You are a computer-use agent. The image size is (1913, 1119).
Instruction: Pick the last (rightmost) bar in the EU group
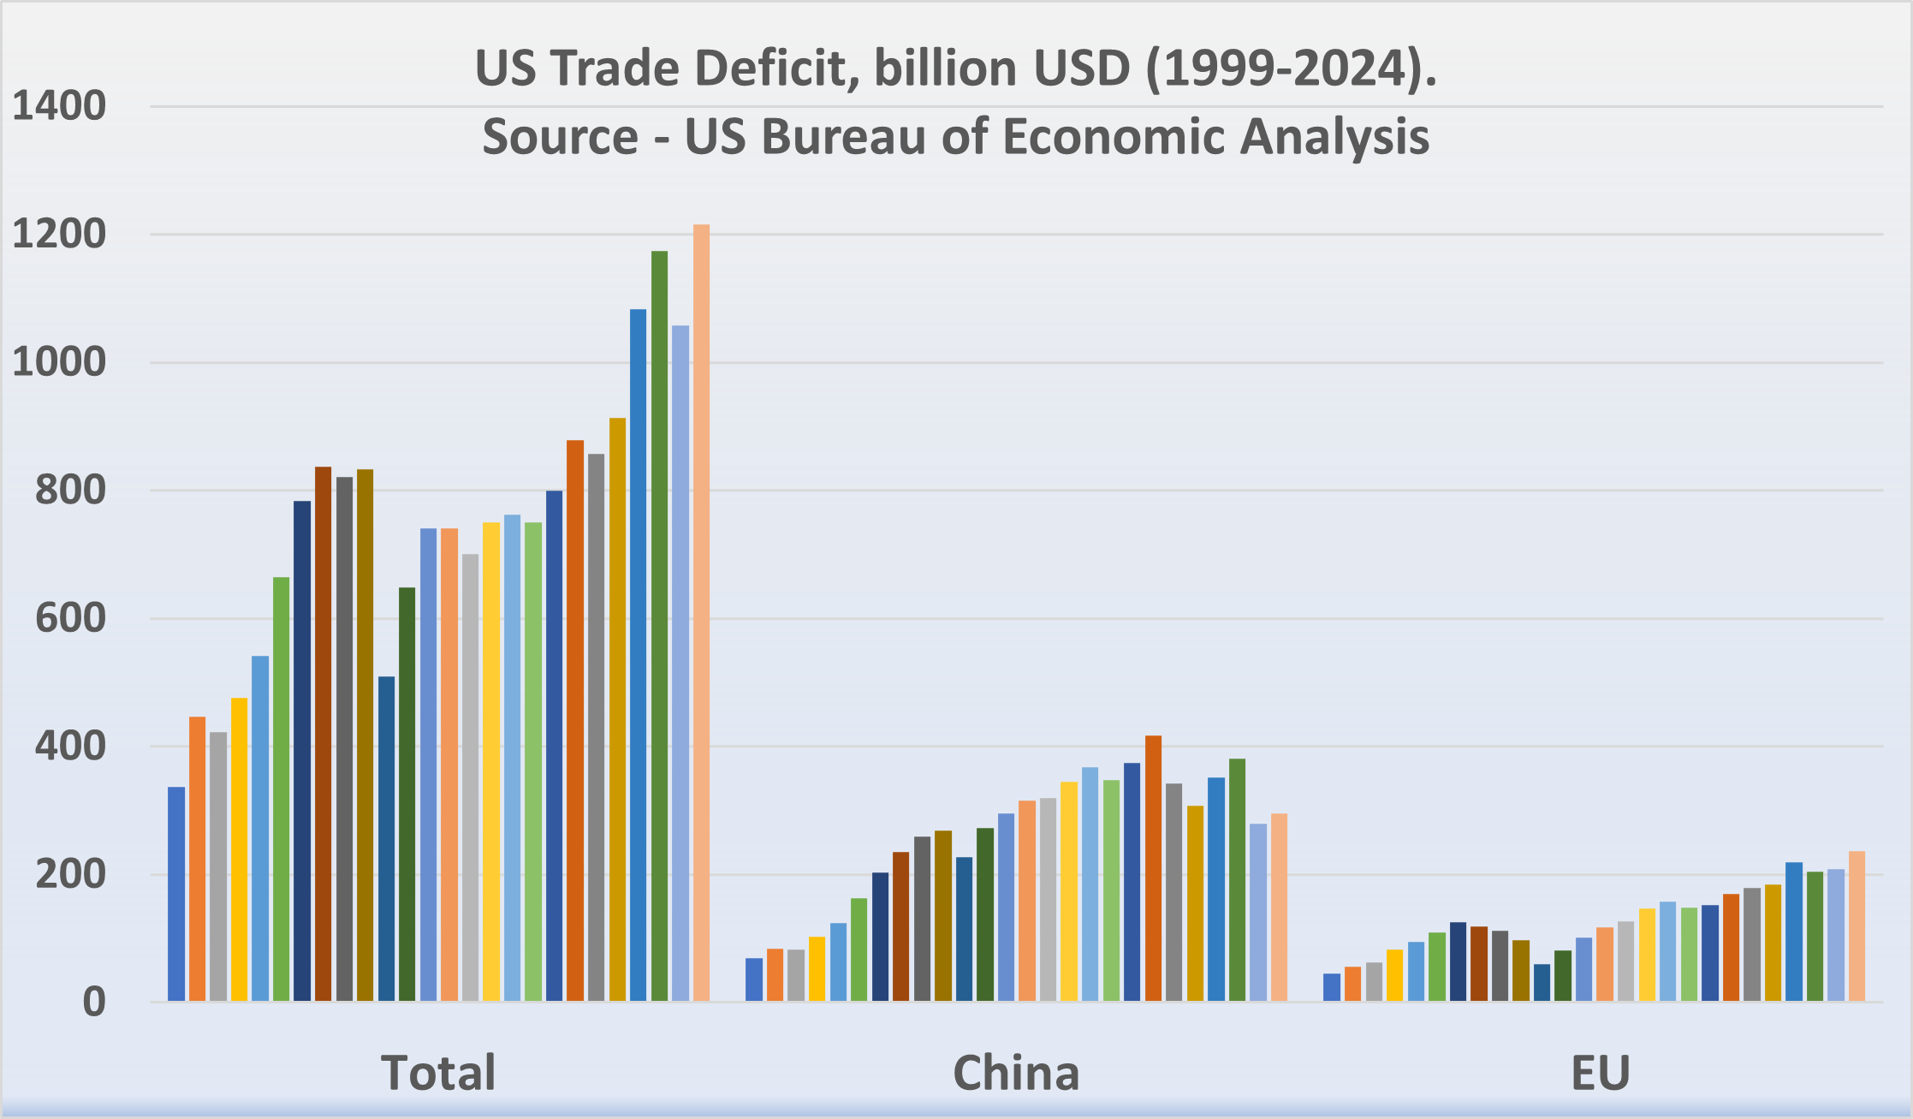1857,926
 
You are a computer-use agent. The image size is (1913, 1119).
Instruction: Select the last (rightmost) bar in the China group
1279,907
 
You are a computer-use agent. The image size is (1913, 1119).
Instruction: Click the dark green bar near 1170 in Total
659,625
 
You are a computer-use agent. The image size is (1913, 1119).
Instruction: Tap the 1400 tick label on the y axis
59,107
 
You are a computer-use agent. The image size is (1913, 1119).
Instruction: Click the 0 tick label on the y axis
94,1002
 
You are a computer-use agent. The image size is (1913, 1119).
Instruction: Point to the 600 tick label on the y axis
70,618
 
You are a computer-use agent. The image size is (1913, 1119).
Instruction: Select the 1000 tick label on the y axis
59,362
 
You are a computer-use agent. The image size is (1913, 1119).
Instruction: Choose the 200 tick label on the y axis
70,874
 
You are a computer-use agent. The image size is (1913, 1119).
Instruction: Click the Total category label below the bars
438,1072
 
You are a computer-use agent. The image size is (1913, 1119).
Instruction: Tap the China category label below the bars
1016,1072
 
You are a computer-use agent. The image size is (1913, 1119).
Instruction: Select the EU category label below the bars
1600,1072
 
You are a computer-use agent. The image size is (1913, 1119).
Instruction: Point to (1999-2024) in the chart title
1289,68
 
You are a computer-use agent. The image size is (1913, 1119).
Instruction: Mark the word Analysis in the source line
1334,137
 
